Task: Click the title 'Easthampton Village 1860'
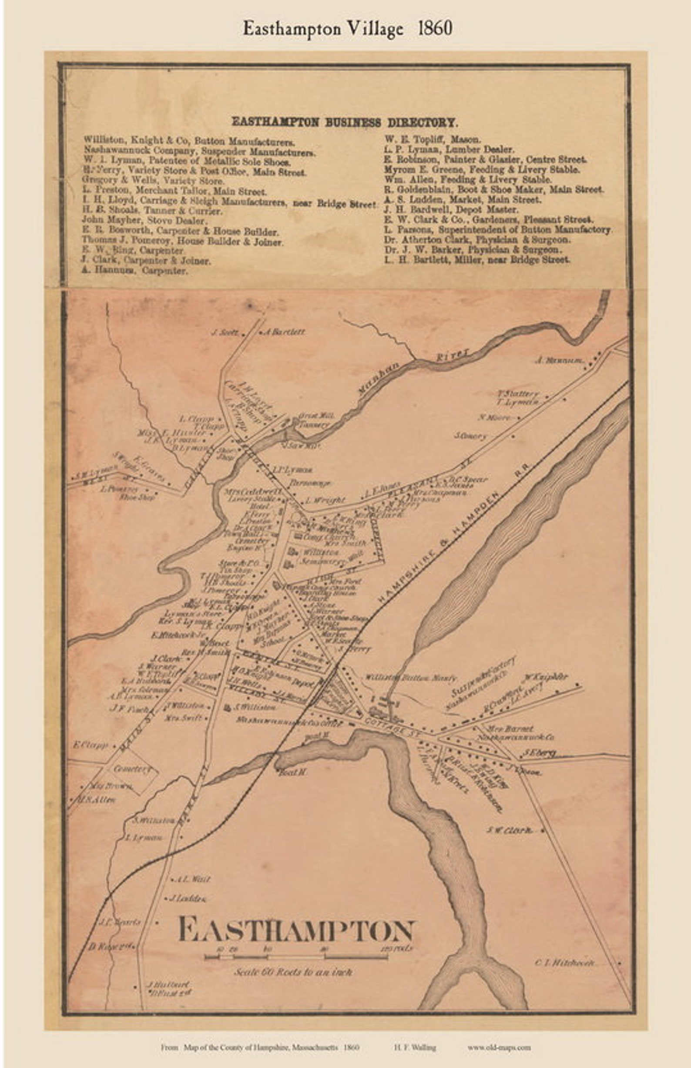[x=347, y=29]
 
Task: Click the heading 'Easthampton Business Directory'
[x=344, y=121]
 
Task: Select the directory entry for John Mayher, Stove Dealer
[x=144, y=221]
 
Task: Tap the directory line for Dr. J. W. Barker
[x=472, y=249]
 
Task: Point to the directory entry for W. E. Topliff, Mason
[x=432, y=139]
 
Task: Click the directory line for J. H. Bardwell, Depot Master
[x=451, y=210]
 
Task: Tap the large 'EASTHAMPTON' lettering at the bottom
[x=297, y=930]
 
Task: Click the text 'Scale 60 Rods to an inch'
[x=292, y=972]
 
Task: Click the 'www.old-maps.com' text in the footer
[x=499, y=1048]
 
